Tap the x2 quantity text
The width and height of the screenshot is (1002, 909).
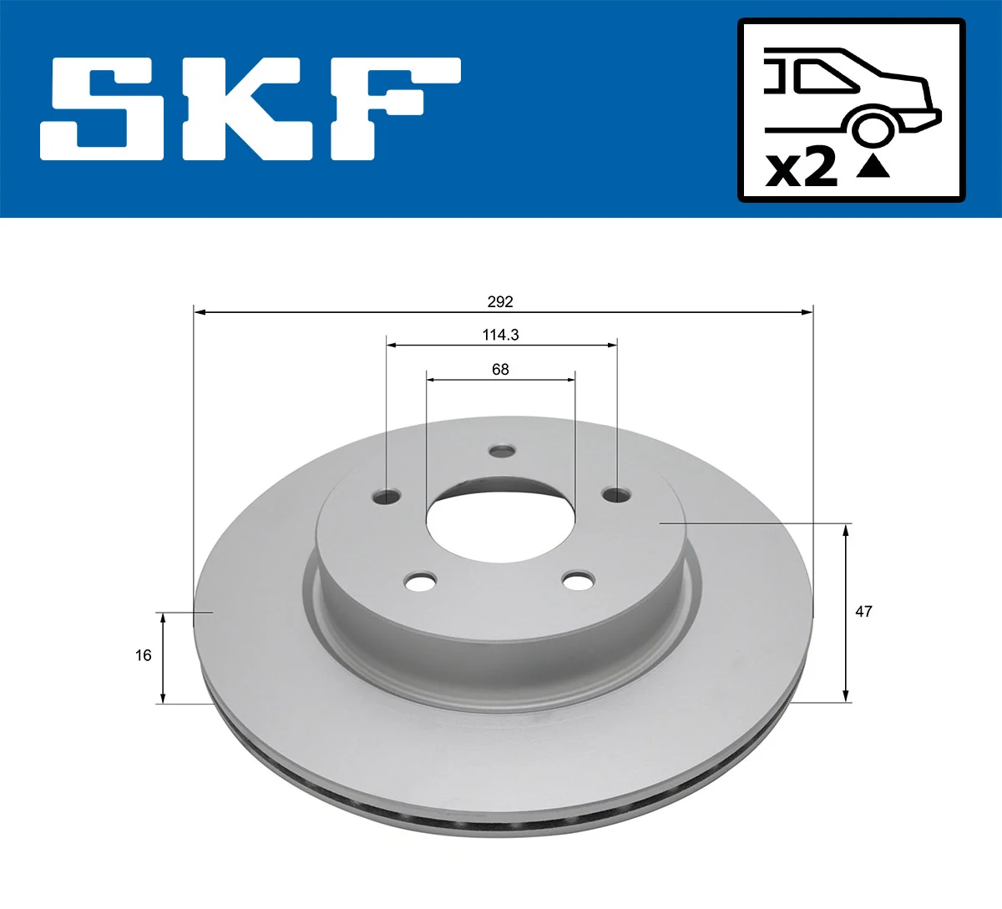pos(802,169)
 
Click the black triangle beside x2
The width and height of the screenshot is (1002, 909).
pos(873,167)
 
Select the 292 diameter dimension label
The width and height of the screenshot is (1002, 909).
pos(500,301)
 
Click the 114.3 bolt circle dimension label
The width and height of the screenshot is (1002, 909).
pos(500,335)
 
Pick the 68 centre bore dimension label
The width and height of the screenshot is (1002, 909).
pos(500,369)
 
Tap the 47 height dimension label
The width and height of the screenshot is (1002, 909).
pos(863,611)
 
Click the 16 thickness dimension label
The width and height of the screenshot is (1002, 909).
pos(144,655)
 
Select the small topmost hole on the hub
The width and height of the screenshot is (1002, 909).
pos(502,451)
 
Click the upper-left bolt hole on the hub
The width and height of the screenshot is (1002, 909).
pos(387,496)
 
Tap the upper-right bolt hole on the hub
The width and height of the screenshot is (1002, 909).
pos(616,495)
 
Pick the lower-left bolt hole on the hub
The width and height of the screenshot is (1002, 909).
pos(421,580)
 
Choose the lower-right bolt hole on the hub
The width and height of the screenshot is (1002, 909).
pos(578,580)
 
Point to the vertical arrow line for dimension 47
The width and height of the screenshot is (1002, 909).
pos(846,612)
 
